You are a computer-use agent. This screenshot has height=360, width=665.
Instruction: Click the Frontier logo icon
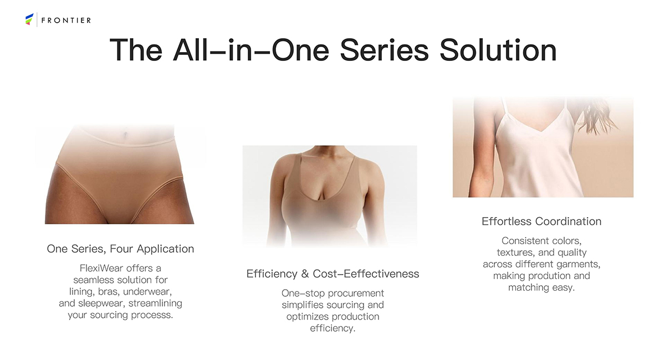[x=29, y=19]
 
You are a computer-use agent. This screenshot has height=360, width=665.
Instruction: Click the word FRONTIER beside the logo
[x=66, y=20]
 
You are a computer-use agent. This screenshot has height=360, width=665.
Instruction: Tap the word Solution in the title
[x=498, y=50]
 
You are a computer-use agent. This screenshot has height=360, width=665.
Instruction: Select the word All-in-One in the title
[x=251, y=50]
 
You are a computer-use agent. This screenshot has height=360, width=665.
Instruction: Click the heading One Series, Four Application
[x=120, y=249]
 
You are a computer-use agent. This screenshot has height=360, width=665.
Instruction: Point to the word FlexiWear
[x=101, y=268]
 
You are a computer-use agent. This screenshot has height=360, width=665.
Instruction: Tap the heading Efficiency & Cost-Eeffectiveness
[x=333, y=274]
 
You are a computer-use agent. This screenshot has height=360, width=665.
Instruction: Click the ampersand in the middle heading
[x=305, y=274]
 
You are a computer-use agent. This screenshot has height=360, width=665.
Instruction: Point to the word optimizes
[x=307, y=317]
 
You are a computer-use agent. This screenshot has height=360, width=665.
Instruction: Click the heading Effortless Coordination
[x=541, y=222]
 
